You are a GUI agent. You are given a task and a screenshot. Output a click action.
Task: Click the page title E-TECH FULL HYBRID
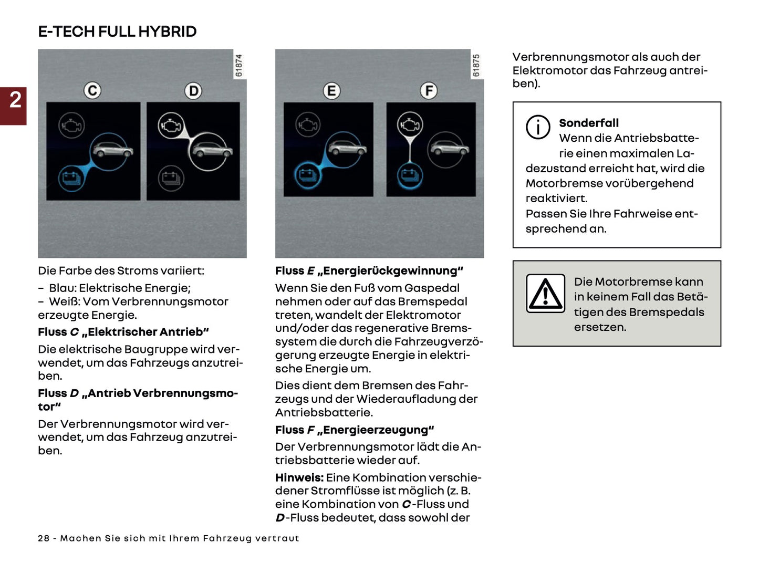pyautogui.click(x=117, y=32)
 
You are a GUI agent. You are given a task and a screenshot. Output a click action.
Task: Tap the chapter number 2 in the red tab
pyautogui.click(x=15, y=100)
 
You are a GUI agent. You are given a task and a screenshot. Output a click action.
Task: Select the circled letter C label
pyautogui.click(x=92, y=91)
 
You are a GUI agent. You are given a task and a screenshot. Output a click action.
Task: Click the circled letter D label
pyautogui.click(x=193, y=91)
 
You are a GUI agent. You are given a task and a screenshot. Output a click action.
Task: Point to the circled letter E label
pyautogui.click(x=331, y=91)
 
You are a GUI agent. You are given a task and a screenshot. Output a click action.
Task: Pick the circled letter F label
pyautogui.click(x=429, y=91)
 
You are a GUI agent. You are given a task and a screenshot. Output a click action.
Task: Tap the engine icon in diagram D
pyautogui.click(x=171, y=126)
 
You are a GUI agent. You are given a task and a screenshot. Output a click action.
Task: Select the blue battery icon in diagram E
pyautogui.click(x=307, y=175)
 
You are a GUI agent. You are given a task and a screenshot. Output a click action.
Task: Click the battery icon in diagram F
pyautogui.click(x=410, y=175)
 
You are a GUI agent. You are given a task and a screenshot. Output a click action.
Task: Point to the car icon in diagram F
pyautogui.click(x=448, y=149)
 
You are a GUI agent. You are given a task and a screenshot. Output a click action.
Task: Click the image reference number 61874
pyautogui.click(x=239, y=66)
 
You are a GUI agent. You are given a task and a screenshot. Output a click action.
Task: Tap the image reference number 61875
pyautogui.click(x=476, y=66)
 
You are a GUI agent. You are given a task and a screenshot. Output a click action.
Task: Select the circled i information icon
pyautogui.click(x=538, y=127)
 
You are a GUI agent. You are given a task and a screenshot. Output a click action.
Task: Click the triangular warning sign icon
pyautogui.click(x=545, y=293)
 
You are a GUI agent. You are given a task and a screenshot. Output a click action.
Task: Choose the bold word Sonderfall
pyautogui.click(x=588, y=123)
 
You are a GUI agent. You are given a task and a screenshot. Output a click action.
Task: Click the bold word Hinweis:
pyautogui.click(x=299, y=477)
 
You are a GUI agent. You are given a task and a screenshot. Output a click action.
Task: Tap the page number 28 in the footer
pyautogui.click(x=44, y=538)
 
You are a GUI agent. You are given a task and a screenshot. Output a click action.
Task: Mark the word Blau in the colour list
pyautogui.click(x=61, y=288)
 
